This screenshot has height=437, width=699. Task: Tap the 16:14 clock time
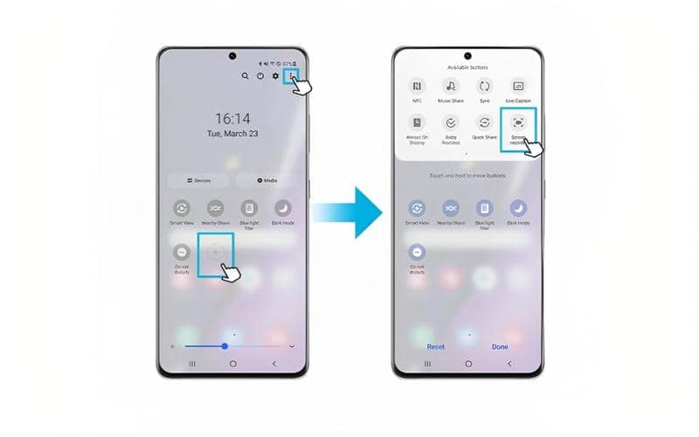232,119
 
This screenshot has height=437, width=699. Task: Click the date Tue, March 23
232,135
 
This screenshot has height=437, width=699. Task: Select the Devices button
198,180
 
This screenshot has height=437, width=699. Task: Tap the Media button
267,180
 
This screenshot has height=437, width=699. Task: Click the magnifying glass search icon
246,77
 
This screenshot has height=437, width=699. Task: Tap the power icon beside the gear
260,77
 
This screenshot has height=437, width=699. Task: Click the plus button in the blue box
216,252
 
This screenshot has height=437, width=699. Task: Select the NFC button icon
417,86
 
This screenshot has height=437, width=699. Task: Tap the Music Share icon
451,86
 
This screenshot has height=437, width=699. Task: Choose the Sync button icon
484,86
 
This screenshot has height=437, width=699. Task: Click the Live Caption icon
518,86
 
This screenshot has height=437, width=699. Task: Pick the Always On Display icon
417,123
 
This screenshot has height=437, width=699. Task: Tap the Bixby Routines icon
451,123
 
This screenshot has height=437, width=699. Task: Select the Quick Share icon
484,123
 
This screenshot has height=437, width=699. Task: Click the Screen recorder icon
518,123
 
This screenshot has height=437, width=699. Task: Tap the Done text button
500,347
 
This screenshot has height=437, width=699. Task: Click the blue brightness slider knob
225,346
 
